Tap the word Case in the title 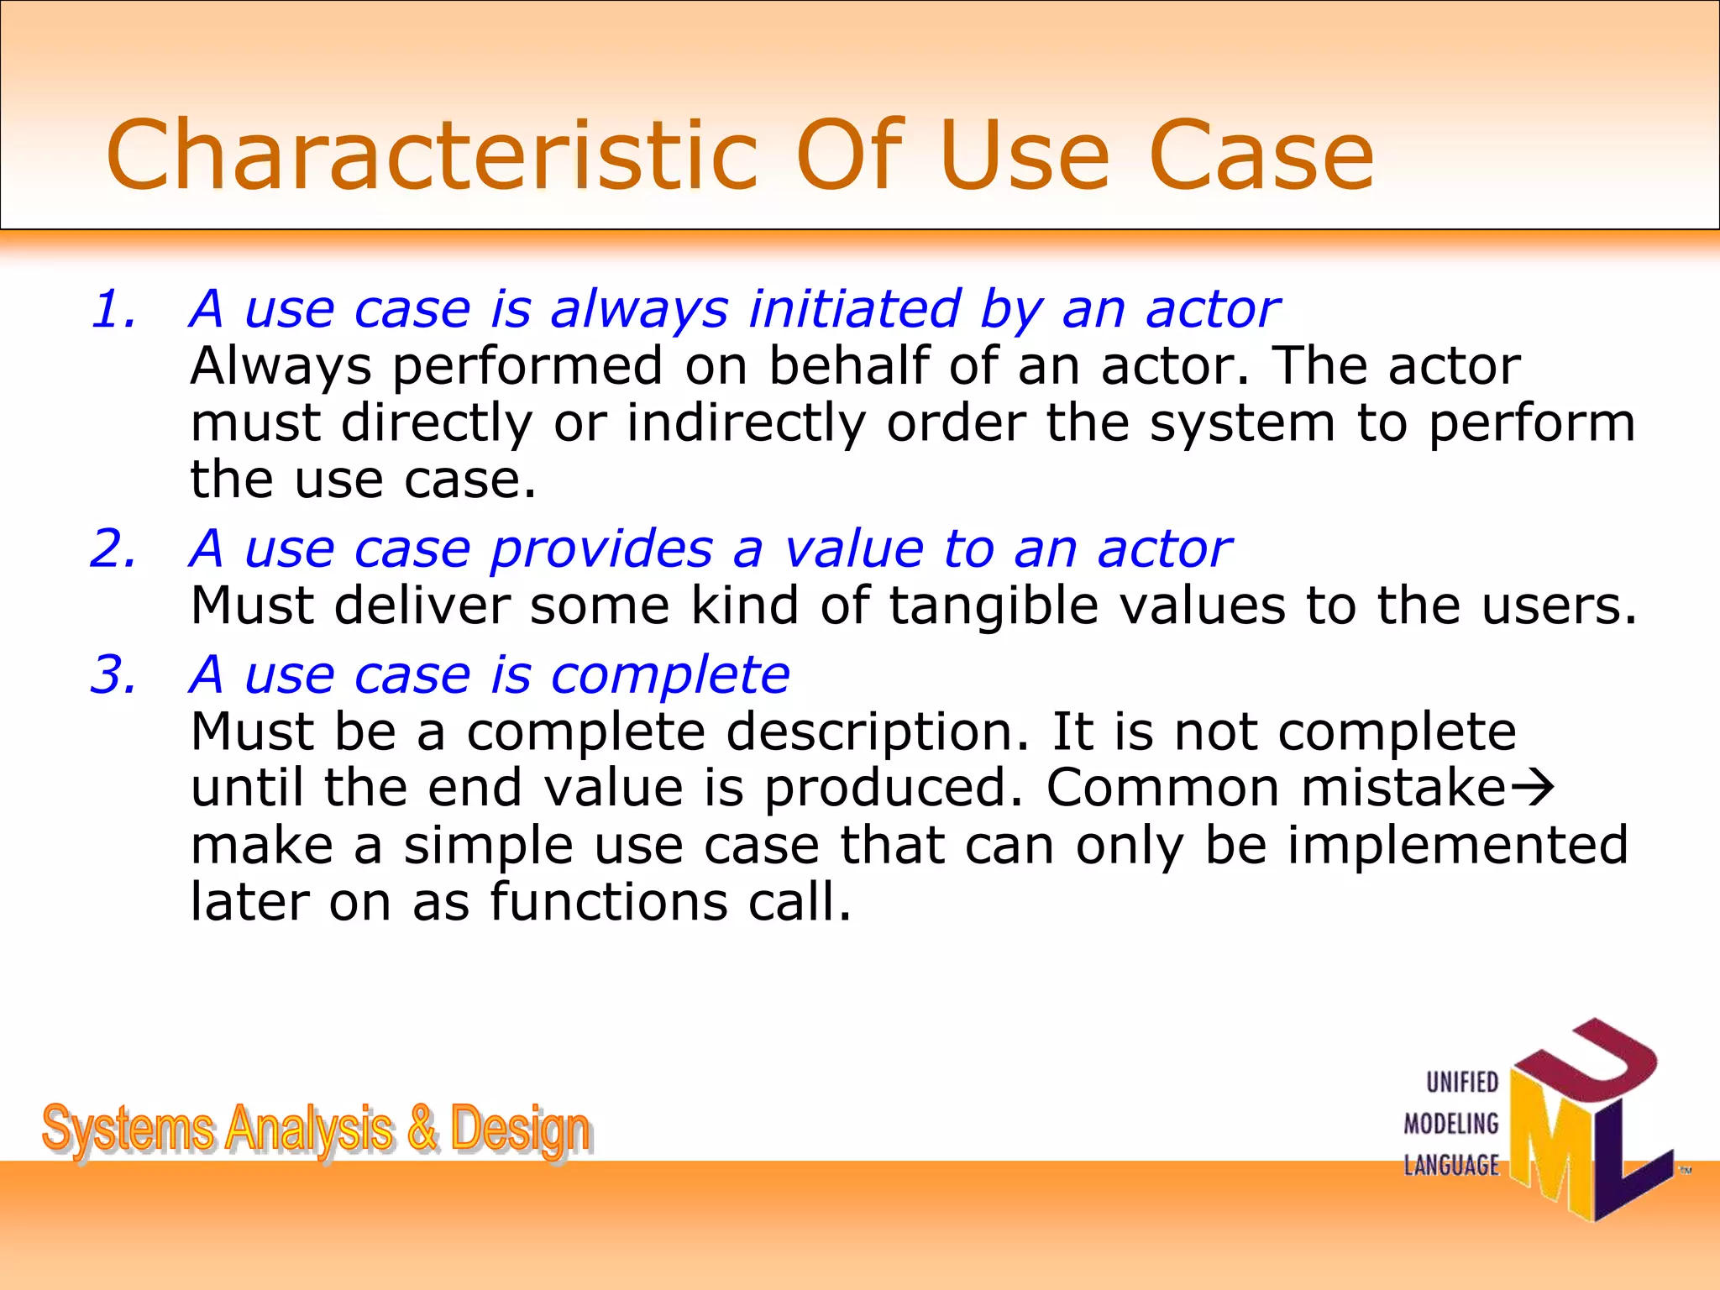[x=1260, y=155]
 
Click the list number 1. [x=113, y=309]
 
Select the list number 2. [x=113, y=549]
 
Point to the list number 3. [x=113, y=674]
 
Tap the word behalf [x=848, y=366]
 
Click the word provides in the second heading [x=601, y=549]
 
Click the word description [x=877, y=732]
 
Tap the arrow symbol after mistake [x=1534, y=789]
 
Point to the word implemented [x=1458, y=845]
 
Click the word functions [x=609, y=901]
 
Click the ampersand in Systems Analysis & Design [x=422, y=1128]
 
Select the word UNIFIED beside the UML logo [x=1462, y=1083]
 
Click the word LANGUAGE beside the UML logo [x=1451, y=1166]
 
